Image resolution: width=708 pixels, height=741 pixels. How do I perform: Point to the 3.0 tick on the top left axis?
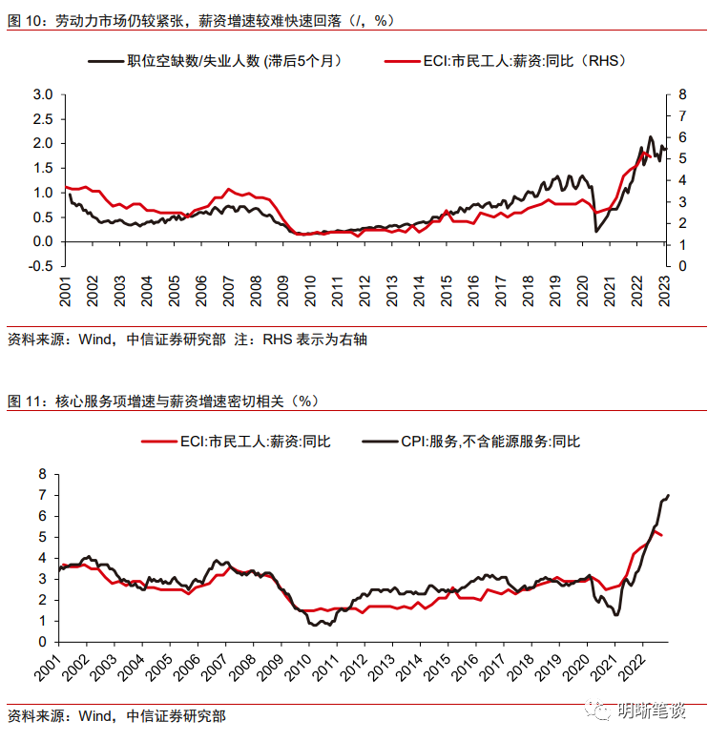pyautogui.click(x=42, y=94)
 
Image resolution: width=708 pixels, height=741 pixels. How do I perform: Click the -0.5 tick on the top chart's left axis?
pyautogui.click(x=39, y=266)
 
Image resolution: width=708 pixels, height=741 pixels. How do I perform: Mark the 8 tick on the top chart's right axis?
pyautogui.click(x=681, y=94)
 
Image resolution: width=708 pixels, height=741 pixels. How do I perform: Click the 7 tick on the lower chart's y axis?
pyautogui.click(x=42, y=495)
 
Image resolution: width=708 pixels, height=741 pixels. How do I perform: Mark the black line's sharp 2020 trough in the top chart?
pyautogui.click(x=596, y=231)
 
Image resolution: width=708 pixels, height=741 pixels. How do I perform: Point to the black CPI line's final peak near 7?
pyautogui.click(x=668, y=495)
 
